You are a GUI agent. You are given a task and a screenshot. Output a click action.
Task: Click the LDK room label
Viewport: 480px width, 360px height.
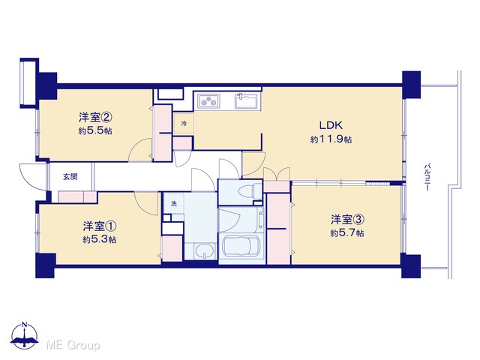[331, 125]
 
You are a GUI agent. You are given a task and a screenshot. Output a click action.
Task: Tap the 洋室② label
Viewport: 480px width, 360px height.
[94, 118]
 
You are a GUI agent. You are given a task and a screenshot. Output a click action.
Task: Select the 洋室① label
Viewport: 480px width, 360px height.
[100, 226]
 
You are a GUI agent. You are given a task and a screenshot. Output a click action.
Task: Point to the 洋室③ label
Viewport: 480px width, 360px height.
[347, 220]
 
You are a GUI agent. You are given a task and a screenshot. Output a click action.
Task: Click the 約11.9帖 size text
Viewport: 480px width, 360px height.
[331, 140]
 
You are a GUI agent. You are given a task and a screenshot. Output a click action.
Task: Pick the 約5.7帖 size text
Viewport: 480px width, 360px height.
[347, 233]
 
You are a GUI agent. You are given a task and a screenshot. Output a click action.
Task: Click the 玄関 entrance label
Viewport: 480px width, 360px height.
[70, 177]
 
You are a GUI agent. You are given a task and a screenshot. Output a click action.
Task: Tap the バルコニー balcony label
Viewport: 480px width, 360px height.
[427, 178]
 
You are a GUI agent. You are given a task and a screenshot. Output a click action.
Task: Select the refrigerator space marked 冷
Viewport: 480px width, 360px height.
[184, 123]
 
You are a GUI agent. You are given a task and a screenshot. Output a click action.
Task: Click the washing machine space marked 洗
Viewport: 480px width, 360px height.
[174, 203]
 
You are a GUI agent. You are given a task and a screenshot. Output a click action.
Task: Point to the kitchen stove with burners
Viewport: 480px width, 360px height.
[208, 100]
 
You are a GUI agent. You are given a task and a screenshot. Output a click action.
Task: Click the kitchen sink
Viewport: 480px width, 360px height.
[247, 100]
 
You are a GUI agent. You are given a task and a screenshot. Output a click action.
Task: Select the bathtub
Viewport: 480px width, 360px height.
[241, 246]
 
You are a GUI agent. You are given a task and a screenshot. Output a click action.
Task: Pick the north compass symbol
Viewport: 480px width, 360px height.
[25, 336]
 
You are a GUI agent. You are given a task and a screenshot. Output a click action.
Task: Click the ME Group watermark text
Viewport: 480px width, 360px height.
[73, 346]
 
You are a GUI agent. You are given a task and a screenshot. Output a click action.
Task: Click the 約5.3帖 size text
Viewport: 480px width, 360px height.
[100, 240]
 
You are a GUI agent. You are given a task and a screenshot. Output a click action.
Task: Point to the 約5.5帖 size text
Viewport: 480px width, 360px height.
[95, 131]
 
